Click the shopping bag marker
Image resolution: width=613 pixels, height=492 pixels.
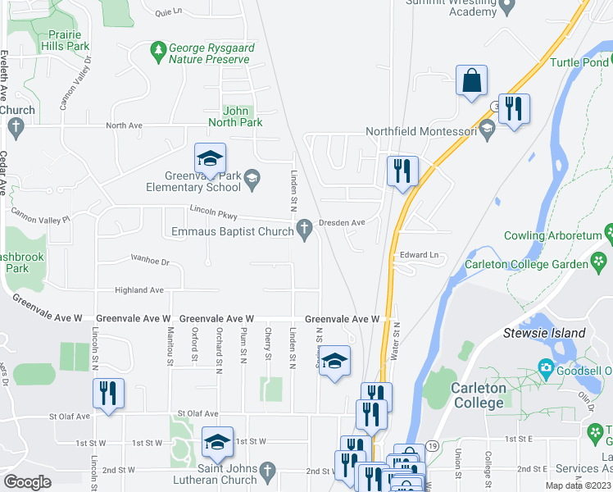click(x=471, y=81)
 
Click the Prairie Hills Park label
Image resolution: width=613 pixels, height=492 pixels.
click(x=68, y=41)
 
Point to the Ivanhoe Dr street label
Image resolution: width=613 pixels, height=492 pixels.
click(x=149, y=262)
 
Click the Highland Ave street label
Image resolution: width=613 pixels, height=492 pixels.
click(x=139, y=290)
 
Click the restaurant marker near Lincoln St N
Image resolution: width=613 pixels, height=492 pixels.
click(x=108, y=393)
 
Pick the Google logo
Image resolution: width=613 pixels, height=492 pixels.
click(x=27, y=482)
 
